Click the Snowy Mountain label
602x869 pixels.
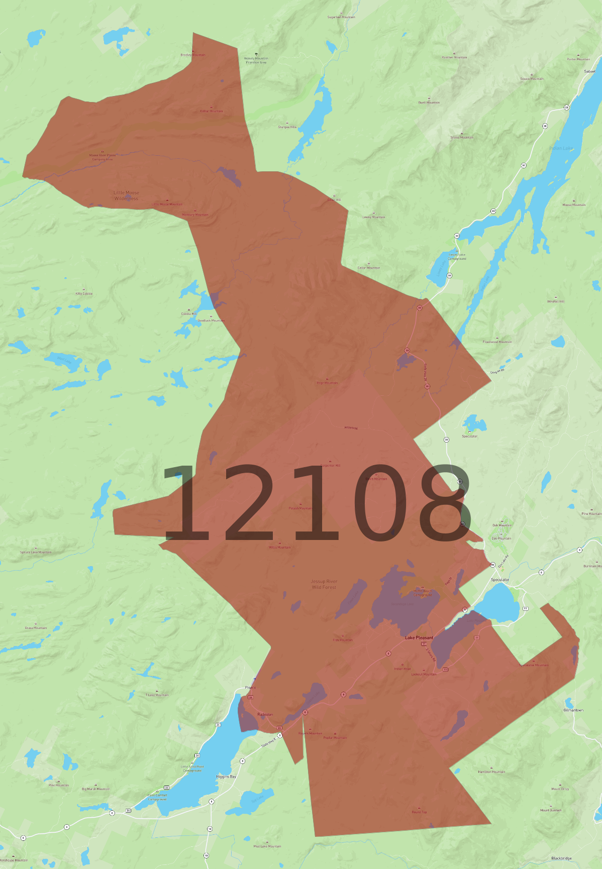[461, 137]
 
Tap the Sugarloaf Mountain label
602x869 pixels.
[341, 17]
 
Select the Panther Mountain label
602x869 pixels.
[454, 57]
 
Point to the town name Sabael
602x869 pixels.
[589, 71]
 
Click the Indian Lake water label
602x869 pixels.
[561, 148]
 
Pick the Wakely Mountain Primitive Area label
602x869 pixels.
[256, 60]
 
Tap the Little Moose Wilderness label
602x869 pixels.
[126, 195]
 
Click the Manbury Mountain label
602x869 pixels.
[195, 214]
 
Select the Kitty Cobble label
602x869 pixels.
[84, 293]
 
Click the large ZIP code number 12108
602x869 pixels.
[316, 503]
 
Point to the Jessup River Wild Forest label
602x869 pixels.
[324, 584]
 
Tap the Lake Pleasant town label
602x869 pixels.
[419, 637]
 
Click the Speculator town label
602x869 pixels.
[499, 580]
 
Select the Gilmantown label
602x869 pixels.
[573, 710]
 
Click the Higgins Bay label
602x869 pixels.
[226, 777]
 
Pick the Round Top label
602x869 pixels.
[419, 812]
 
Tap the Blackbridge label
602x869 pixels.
[561, 858]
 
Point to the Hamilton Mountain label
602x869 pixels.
[491, 772]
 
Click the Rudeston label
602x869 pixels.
[265, 714]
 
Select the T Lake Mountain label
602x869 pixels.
[157, 695]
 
